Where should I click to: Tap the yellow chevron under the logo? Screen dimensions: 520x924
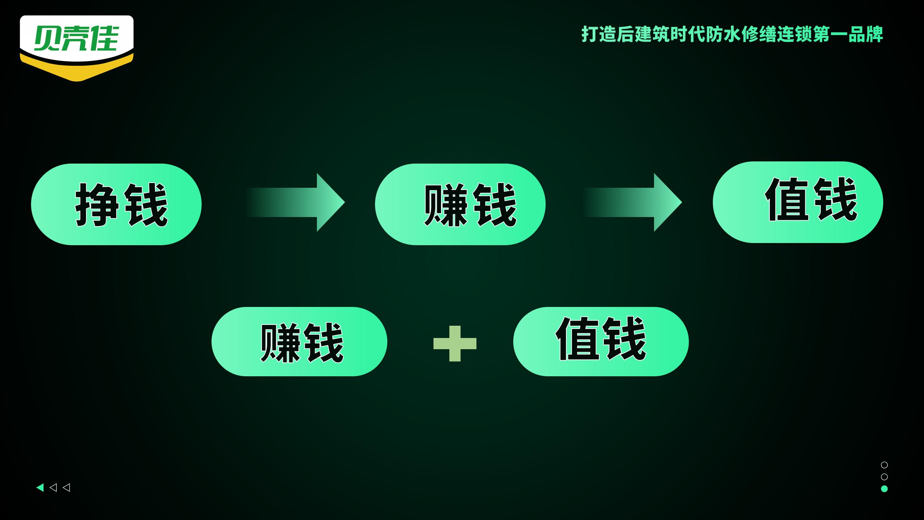pos(77,71)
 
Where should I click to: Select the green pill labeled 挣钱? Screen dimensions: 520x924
pos(116,204)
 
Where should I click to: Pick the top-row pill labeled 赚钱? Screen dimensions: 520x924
pos(460,204)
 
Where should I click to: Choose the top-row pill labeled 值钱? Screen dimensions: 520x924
pos(798,202)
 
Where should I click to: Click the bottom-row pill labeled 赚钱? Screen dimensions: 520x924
pos(299,342)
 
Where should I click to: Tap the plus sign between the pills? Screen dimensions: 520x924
pos(455,343)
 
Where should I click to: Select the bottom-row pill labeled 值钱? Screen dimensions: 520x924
pos(601,342)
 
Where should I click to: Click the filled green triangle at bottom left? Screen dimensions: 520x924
pos(40,487)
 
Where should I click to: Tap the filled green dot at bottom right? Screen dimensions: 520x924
pos(884,489)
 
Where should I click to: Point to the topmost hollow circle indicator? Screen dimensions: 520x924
pos(884,465)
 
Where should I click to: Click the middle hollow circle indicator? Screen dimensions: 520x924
pos(884,477)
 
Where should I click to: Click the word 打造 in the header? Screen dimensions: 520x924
pos(599,35)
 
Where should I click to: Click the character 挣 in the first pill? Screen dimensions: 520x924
pos(97,204)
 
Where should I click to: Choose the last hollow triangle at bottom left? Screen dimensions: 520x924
pos(66,487)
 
